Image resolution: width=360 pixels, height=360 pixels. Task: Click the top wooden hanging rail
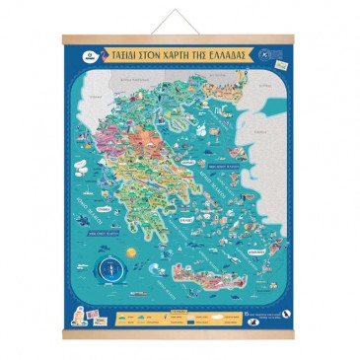click(180, 39)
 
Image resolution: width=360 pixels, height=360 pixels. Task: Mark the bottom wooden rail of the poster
click(180, 333)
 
